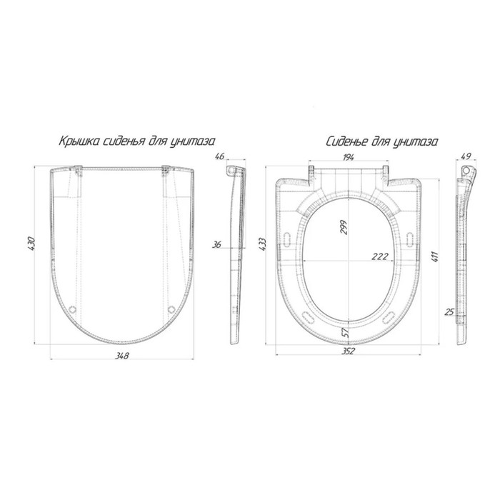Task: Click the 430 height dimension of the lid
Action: [x=31, y=243]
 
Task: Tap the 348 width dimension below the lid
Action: [x=122, y=355]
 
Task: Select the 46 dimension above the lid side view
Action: [x=220, y=156]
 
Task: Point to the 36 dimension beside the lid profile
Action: [x=217, y=244]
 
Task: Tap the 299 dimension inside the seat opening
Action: [x=344, y=227]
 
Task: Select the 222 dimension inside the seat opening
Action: [x=380, y=256]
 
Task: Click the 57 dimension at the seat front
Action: [x=346, y=334]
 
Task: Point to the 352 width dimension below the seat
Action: [x=348, y=351]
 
